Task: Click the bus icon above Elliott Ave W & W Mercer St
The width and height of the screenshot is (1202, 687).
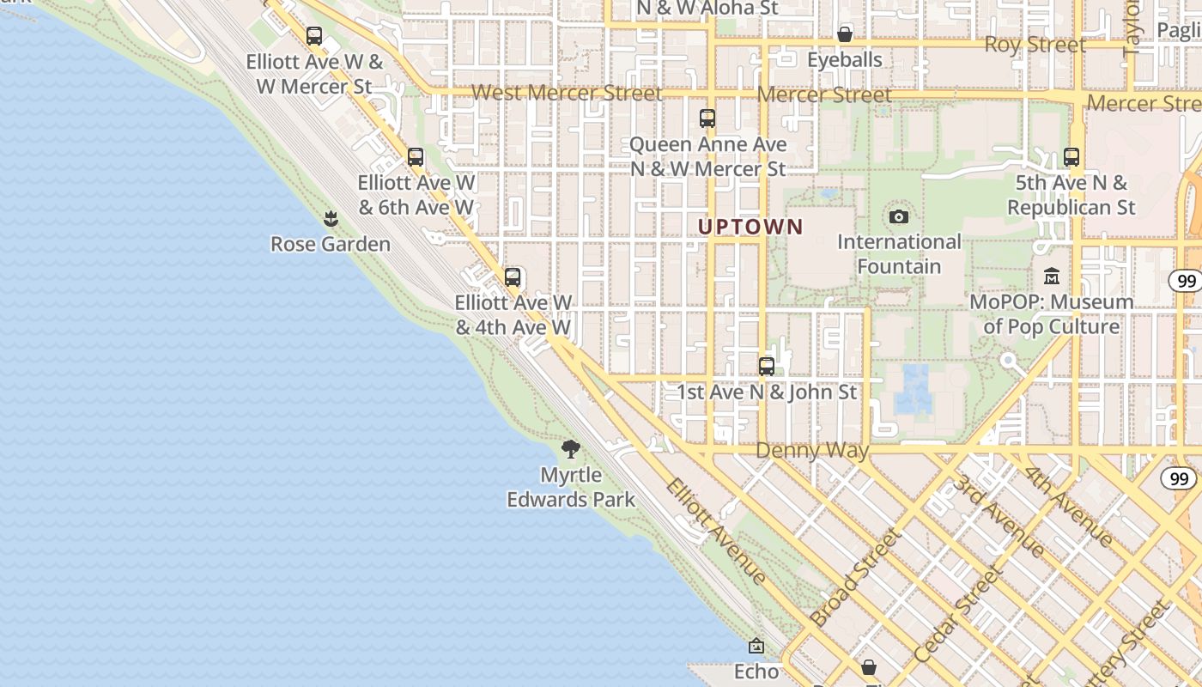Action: pyautogui.click(x=314, y=36)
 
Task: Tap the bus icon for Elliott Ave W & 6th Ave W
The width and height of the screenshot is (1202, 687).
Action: pyautogui.click(x=416, y=157)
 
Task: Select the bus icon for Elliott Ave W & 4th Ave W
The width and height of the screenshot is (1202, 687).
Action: pyautogui.click(x=513, y=277)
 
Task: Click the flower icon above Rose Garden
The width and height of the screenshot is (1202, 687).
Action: pyautogui.click(x=331, y=219)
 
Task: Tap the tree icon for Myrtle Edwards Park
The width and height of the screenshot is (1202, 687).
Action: pyautogui.click(x=571, y=448)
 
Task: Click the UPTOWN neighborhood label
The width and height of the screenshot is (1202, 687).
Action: pyautogui.click(x=750, y=228)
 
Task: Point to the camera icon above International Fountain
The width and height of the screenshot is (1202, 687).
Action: pyautogui.click(x=899, y=216)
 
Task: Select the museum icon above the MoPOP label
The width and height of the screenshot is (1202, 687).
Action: pyautogui.click(x=1052, y=277)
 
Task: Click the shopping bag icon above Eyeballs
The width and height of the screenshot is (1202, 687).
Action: pyautogui.click(x=845, y=34)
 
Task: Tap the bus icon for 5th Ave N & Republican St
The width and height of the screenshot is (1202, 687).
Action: pyautogui.click(x=1071, y=157)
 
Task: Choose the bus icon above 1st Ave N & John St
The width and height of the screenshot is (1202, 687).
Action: pyautogui.click(x=767, y=367)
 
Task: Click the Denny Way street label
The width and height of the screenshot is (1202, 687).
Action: pyautogui.click(x=812, y=451)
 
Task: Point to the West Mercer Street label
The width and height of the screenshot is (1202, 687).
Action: pyautogui.click(x=567, y=93)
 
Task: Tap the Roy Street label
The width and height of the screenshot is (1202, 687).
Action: pyautogui.click(x=1035, y=45)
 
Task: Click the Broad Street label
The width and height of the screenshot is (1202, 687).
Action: pyautogui.click(x=856, y=577)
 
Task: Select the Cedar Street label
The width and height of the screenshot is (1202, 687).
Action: pyautogui.click(x=959, y=614)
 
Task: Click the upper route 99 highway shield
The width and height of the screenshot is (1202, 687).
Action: pyautogui.click(x=1187, y=281)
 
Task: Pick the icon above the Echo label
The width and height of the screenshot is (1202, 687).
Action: pyautogui.click(x=756, y=646)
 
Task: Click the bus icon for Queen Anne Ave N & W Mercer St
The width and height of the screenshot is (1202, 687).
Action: pyautogui.click(x=707, y=119)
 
